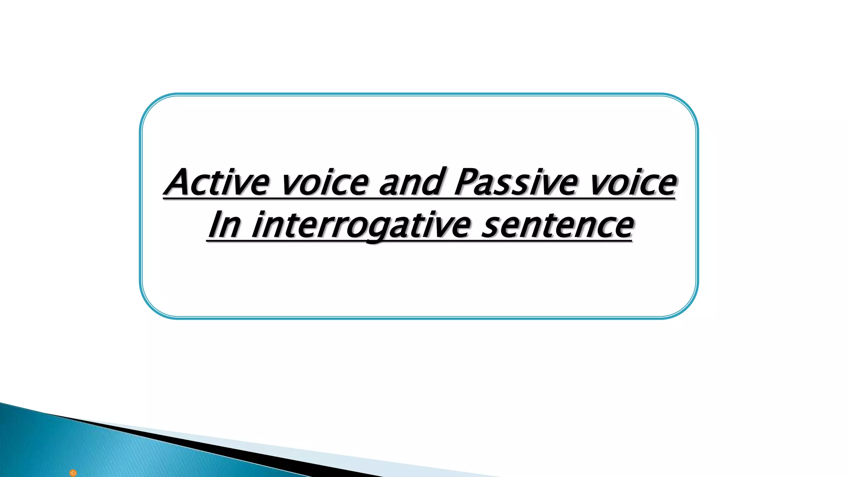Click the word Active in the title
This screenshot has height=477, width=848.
pos(217,182)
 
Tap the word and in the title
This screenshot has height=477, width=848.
pos(411,182)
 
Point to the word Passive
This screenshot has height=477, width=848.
pos(515,182)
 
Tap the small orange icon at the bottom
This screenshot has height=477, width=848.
pos(73,473)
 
